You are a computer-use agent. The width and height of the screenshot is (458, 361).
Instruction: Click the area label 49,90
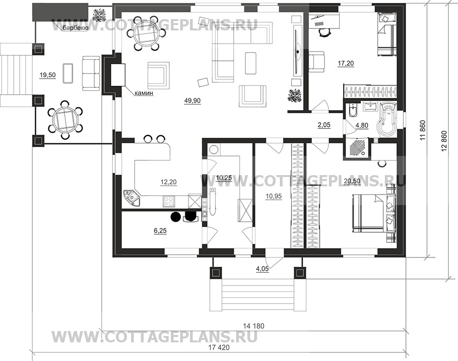(192, 101)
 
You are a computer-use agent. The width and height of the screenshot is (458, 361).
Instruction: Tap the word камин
(144, 94)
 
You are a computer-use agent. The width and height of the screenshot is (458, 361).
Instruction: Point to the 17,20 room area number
(346, 63)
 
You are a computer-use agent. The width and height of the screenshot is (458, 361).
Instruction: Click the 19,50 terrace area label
(48, 76)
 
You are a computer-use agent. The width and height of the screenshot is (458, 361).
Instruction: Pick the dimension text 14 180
(253, 326)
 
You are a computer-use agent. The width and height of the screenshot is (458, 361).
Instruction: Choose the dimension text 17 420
(219, 347)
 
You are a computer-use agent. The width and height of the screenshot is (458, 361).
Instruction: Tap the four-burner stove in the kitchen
(168, 201)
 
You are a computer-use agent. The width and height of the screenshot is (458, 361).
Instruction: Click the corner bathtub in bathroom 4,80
(387, 120)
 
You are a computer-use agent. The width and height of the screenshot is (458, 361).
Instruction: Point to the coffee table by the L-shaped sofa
(251, 63)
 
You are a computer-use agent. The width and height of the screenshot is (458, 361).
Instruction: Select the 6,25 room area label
(161, 231)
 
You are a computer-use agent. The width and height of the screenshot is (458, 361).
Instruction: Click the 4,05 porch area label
(262, 269)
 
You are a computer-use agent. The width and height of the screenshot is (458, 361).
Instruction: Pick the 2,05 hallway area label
(324, 125)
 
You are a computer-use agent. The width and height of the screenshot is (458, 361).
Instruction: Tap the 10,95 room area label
(274, 196)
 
